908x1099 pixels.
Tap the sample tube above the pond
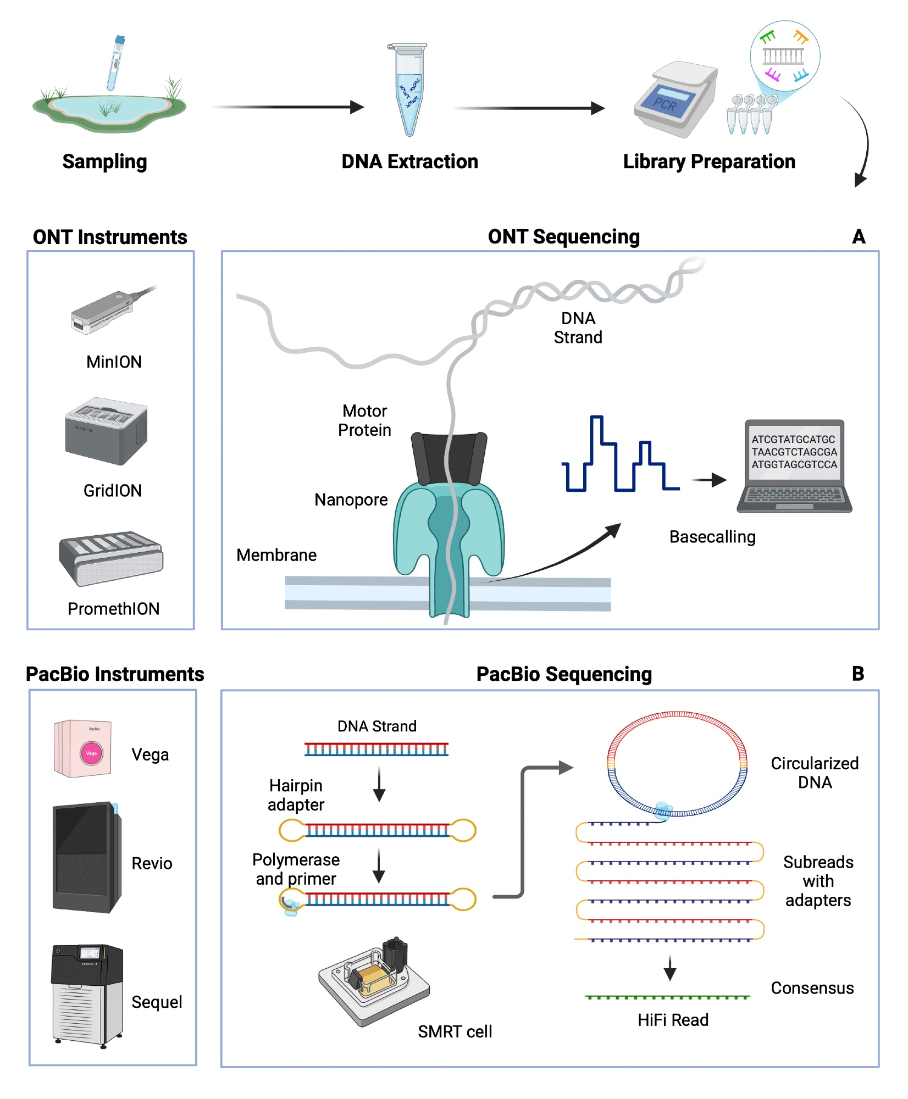[x=116, y=63]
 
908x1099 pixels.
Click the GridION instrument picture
[x=106, y=431]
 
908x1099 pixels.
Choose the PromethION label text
[x=113, y=608]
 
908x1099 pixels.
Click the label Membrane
[x=276, y=555]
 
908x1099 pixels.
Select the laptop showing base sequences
[x=794, y=467]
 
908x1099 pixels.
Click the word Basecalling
[x=712, y=537]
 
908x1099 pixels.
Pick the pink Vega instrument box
[x=83, y=748]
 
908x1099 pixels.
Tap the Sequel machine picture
[x=87, y=995]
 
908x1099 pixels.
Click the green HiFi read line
[x=667, y=997]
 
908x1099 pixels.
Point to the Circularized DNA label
[x=815, y=773]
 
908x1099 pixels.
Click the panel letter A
[x=859, y=237]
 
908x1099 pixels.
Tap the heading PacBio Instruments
[x=115, y=674]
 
